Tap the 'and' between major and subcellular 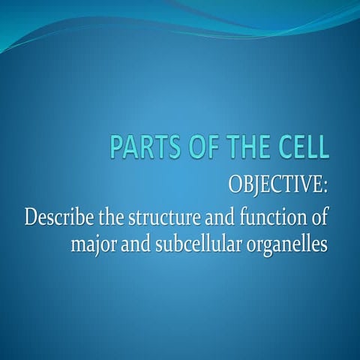click(136, 244)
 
